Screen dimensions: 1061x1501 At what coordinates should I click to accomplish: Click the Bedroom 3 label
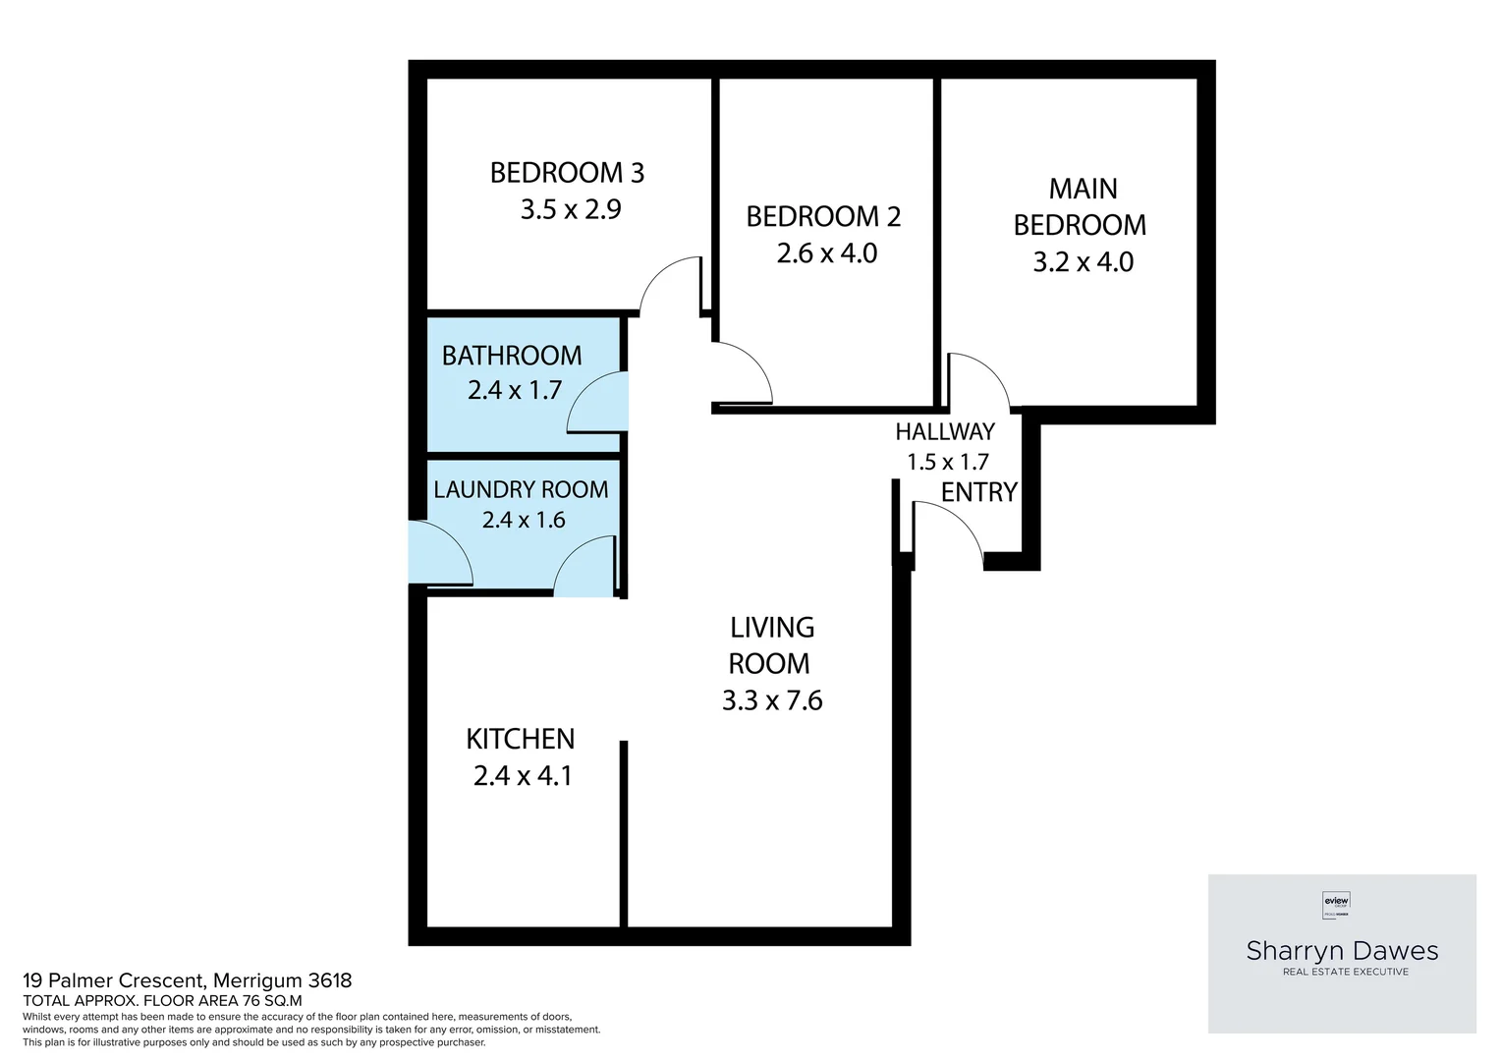567,173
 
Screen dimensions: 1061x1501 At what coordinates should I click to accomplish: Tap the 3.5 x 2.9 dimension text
571,209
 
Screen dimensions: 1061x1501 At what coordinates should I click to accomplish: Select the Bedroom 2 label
823,216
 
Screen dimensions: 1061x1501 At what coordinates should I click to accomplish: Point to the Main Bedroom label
1080,206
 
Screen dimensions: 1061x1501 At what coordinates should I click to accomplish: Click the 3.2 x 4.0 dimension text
1083,262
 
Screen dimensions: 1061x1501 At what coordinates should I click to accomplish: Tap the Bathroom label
512,355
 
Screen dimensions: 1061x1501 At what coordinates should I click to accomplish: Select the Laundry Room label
521,489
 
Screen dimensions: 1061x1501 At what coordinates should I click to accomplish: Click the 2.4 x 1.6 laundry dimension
523,520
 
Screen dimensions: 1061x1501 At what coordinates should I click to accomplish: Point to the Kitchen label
520,739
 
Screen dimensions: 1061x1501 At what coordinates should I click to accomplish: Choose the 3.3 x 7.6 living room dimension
771,700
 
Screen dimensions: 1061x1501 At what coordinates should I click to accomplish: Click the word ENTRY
978,492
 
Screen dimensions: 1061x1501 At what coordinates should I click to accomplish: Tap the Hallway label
945,431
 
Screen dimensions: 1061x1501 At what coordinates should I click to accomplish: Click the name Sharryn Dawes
1342,950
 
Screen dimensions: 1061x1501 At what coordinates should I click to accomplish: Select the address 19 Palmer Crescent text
187,980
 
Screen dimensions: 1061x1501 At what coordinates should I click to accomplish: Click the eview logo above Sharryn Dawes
1337,902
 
